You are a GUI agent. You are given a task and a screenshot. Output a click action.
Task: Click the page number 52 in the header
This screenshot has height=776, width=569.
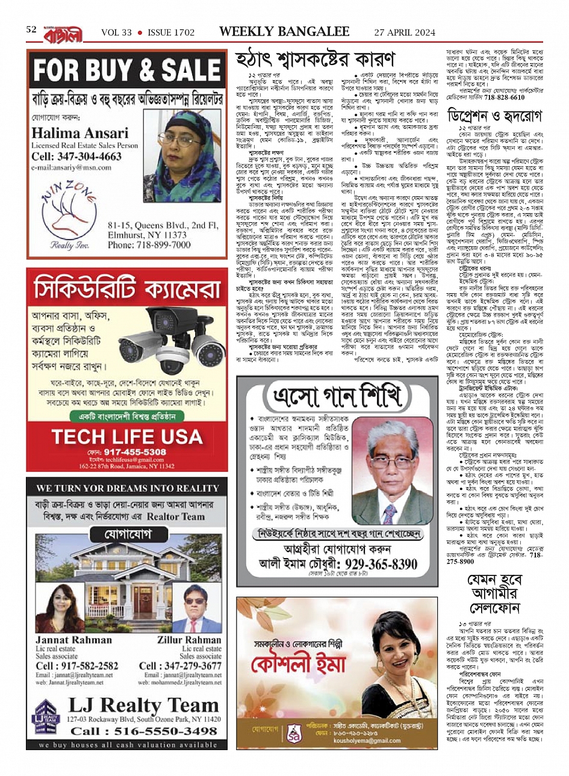(x=31, y=29)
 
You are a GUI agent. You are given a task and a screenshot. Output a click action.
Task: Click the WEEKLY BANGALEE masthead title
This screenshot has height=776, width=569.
(x=284, y=31)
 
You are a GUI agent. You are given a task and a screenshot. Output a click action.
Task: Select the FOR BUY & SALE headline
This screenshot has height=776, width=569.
(x=126, y=70)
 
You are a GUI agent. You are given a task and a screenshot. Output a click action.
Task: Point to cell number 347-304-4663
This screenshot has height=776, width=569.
(x=76, y=157)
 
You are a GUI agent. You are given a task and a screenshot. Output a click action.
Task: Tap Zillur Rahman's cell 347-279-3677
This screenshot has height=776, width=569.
(x=180, y=666)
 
